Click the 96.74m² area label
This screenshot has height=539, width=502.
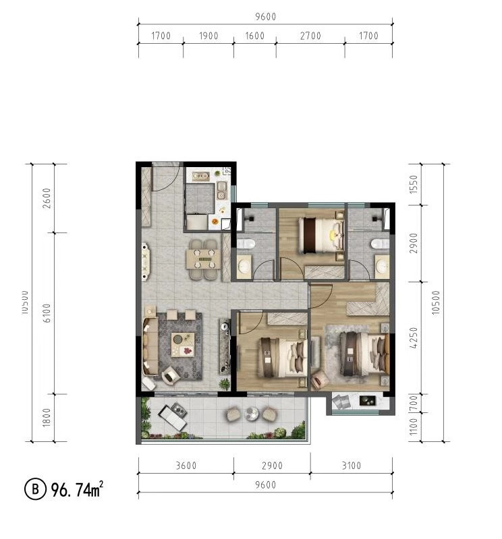[77, 489]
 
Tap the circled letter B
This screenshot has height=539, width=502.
[35, 489]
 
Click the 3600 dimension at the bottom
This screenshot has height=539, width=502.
[186, 466]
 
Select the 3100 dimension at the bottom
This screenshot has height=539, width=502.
[351, 466]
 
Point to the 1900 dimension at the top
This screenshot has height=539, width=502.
[208, 36]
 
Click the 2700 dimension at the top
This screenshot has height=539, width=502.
[310, 36]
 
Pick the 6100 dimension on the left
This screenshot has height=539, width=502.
[47, 313]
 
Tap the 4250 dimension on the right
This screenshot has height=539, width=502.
[414, 338]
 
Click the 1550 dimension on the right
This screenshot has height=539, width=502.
[414, 184]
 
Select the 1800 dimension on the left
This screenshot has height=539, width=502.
[47, 417]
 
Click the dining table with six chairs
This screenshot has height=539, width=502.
[204, 259]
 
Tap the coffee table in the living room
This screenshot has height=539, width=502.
[183, 344]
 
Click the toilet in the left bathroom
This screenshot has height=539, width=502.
[246, 244]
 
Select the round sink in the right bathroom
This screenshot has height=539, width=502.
[382, 265]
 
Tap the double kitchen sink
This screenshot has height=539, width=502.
[221, 191]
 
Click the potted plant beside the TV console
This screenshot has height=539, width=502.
[225, 383]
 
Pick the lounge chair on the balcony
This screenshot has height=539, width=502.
[173, 416]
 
